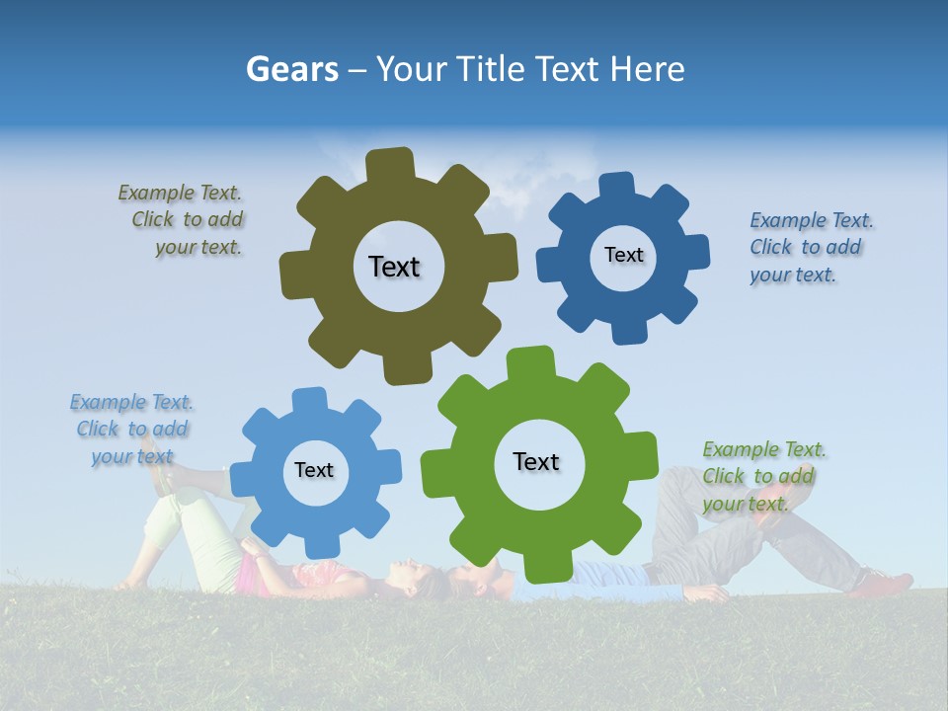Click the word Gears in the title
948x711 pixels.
pos(291,69)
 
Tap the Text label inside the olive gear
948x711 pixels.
pos(394,267)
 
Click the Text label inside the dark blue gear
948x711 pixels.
pos(623,255)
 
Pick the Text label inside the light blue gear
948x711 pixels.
pos(314,471)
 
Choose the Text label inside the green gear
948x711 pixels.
pos(536,462)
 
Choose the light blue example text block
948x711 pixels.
pos(131,429)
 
